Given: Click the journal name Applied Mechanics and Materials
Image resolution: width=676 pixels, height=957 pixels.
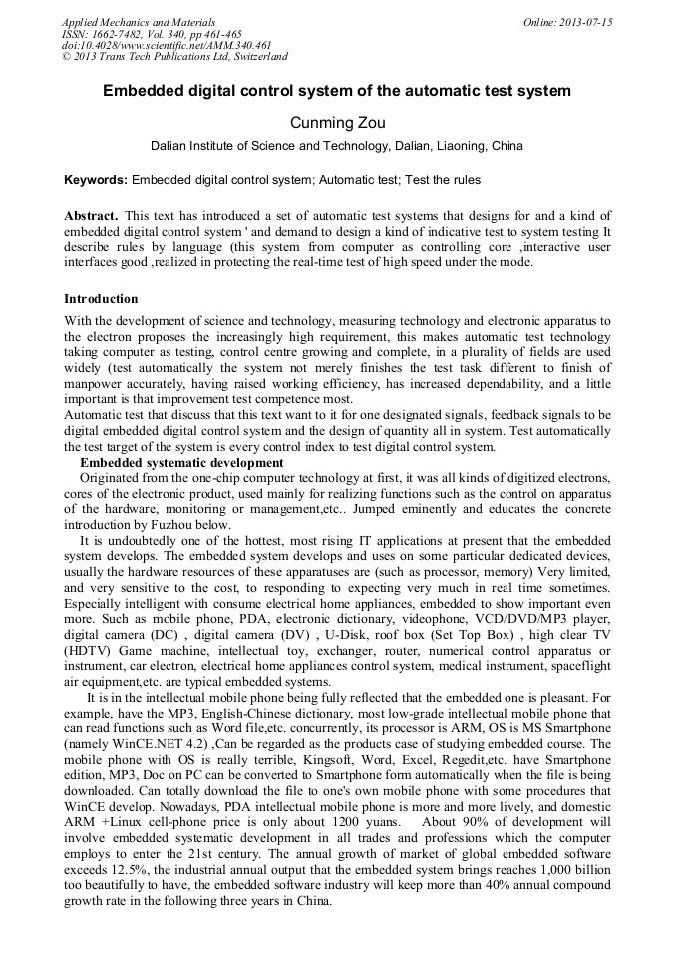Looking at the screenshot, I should [138, 22].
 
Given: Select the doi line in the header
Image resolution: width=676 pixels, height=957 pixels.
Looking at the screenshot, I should [166, 45].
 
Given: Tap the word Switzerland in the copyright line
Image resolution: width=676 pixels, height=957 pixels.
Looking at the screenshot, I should [254, 57].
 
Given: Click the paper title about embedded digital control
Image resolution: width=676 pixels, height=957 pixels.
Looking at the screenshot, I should [337, 91].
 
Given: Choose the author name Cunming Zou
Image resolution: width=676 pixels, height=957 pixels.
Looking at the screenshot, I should [337, 123].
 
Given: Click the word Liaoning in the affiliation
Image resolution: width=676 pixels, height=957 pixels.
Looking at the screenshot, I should [450, 146].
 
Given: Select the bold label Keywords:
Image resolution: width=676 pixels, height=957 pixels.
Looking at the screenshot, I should [96, 180].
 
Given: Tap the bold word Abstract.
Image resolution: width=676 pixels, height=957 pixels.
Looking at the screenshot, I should [91, 216].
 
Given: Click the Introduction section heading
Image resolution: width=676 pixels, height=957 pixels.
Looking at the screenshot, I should [101, 299].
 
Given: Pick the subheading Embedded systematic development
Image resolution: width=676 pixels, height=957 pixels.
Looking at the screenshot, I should [181, 463].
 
